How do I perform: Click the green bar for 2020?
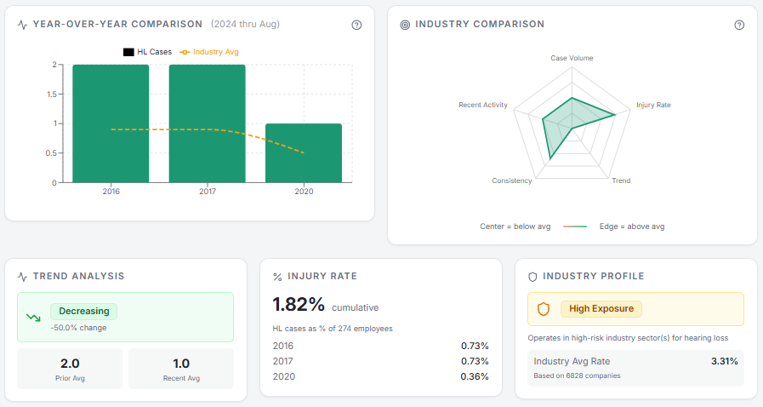[304, 153]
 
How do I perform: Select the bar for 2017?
[208, 123]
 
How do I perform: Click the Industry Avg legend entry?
[208, 52]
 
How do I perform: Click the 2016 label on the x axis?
[111, 192]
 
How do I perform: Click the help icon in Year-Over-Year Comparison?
[356, 25]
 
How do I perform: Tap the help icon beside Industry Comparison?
[739, 25]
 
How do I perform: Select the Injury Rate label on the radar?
[653, 105]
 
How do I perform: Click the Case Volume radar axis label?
[572, 58]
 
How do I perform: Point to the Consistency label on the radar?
[512, 181]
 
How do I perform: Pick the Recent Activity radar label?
[483, 105]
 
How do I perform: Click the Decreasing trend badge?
[84, 312]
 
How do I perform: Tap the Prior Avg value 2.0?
[70, 363]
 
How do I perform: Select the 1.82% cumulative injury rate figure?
[299, 305]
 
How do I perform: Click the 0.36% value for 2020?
[474, 376]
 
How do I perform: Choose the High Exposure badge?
[601, 308]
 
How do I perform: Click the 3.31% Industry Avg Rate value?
[724, 361]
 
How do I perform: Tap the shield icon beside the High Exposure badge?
[544, 309]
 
